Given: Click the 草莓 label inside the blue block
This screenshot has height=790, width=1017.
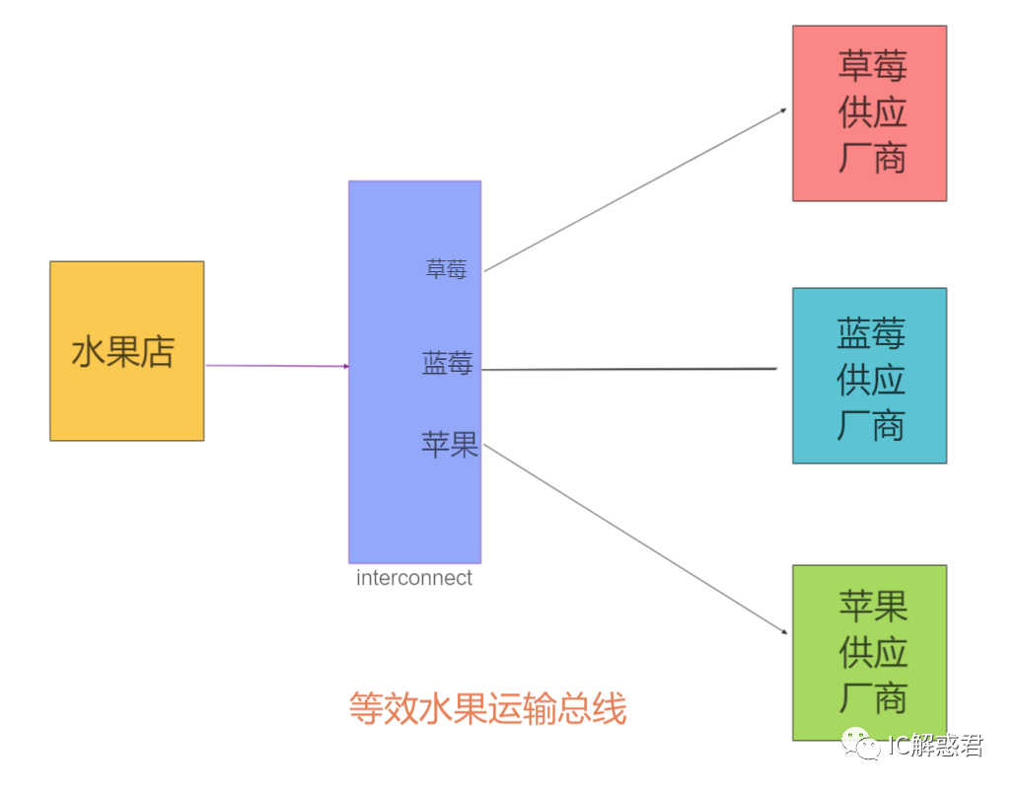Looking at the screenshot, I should [446, 269].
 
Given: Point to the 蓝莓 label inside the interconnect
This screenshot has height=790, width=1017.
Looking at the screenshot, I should [447, 364].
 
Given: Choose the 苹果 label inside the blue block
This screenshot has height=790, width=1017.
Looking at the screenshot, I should [450, 445].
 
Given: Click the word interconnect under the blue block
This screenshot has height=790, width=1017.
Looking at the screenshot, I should [414, 578].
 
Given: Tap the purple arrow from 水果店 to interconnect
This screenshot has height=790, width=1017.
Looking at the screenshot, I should [276, 366].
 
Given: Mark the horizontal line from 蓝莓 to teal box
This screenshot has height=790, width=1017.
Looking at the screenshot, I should [631, 369].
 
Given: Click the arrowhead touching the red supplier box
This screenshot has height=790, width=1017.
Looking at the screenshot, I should [782, 110].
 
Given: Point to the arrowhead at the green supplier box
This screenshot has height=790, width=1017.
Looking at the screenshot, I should [783, 631].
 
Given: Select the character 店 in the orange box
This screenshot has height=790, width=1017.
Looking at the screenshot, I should [158, 352].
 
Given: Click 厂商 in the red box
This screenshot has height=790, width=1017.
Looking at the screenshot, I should [872, 158].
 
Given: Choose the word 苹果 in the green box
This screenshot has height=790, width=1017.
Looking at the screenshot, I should [872, 606].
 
